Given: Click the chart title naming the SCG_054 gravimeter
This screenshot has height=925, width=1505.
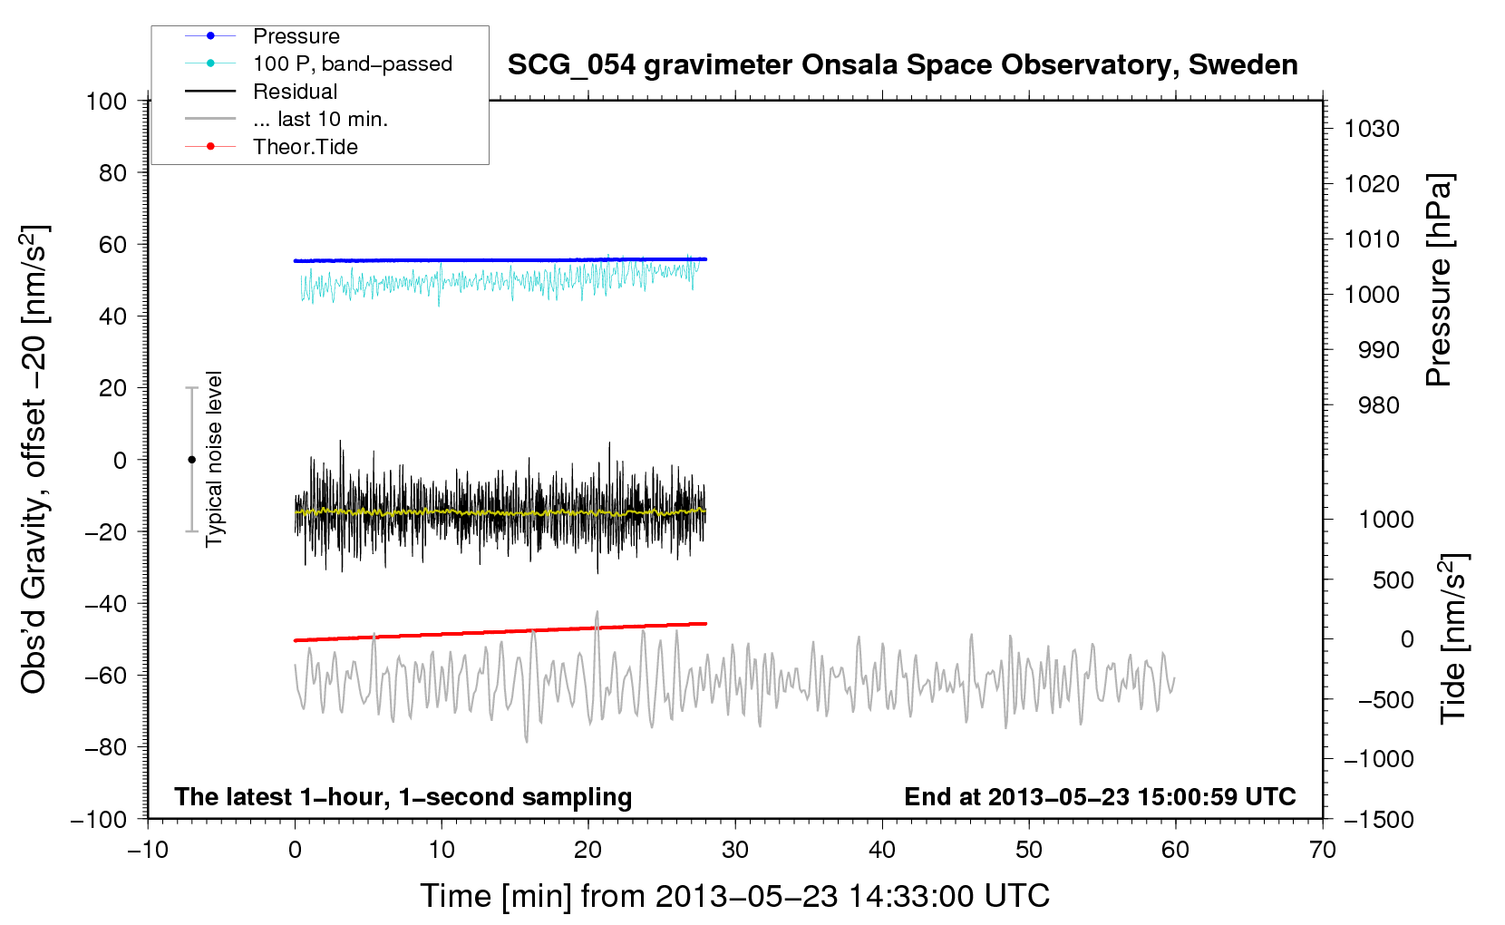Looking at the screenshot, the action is pyautogui.click(x=902, y=65).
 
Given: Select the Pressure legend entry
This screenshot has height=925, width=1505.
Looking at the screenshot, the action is pyautogui.click(x=262, y=35).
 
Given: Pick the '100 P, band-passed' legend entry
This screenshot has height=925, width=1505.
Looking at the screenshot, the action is pyautogui.click(x=318, y=63).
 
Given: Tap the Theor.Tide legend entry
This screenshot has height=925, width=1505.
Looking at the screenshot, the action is pyautogui.click(x=271, y=147).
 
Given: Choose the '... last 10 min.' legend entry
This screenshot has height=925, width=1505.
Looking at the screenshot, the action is pyautogui.click(x=286, y=119).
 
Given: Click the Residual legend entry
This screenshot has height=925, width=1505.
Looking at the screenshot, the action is pyautogui.click(x=261, y=92).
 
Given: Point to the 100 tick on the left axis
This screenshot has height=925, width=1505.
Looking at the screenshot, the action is pyautogui.click(x=106, y=102).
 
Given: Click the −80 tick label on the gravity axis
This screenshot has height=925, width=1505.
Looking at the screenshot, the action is pyautogui.click(x=105, y=747).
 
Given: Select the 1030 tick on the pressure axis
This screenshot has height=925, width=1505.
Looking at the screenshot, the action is pyautogui.click(x=1372, y=129).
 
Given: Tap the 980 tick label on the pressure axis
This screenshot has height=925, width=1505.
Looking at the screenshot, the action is pyautogui.click(x=1378, y=405).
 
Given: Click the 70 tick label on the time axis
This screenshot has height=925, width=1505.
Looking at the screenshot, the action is pyautogui.click(x=1322, y=850).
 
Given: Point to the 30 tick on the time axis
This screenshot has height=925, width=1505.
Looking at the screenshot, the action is pyautogui.click(x=735, y=850).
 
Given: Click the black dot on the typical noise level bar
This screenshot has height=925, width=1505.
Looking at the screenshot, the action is pyautogui.click(x=191, y=460).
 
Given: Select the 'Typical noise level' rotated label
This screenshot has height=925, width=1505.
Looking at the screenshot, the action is pyautogui.click(x=214, y=459).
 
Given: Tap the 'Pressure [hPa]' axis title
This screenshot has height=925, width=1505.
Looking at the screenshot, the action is pyautogui.click(x=1439, y=280).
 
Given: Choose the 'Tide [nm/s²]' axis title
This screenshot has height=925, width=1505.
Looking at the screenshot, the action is pyautogui.click(x=1454, y=638).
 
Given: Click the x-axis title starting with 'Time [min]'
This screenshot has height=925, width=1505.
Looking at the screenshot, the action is pyautogui.click(x=735, y=897).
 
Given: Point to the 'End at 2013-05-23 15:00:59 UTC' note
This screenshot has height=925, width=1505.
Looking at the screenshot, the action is pyautogui.click(x=1100, y=796).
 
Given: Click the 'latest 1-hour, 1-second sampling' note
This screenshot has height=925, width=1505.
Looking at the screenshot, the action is pyautogui.click(x=403, y=797).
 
